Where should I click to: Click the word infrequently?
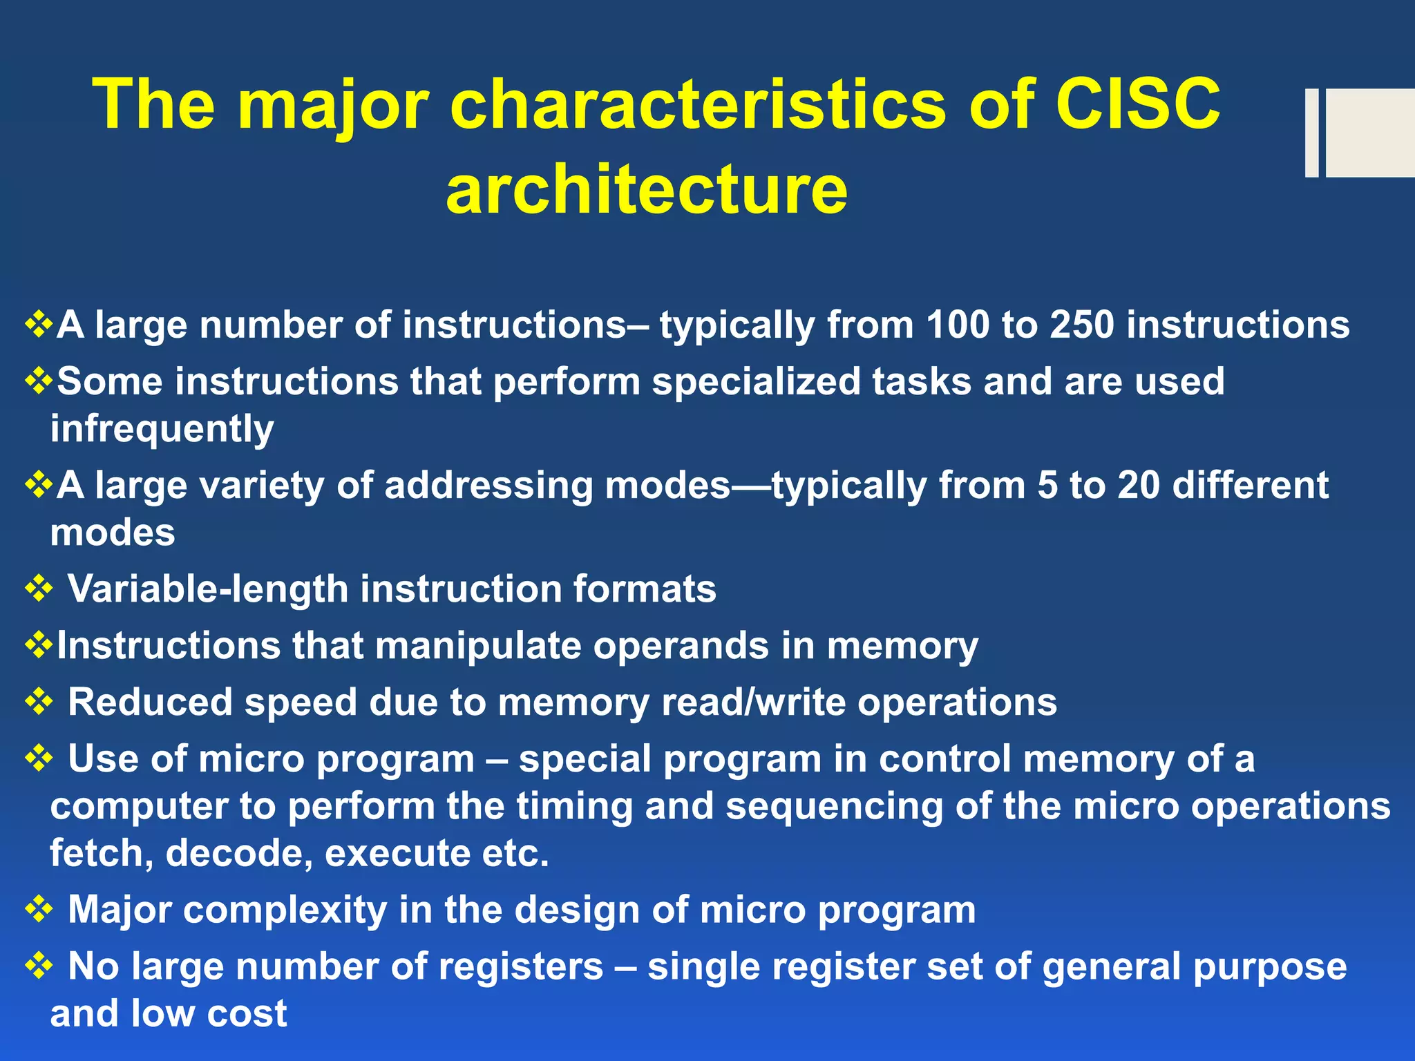[162, 430]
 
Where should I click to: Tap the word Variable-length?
[208, 589]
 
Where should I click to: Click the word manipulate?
[477, 646]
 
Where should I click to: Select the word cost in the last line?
[247, 1013]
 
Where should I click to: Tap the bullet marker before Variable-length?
[39, 589]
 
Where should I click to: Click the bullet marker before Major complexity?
[39, 910]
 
